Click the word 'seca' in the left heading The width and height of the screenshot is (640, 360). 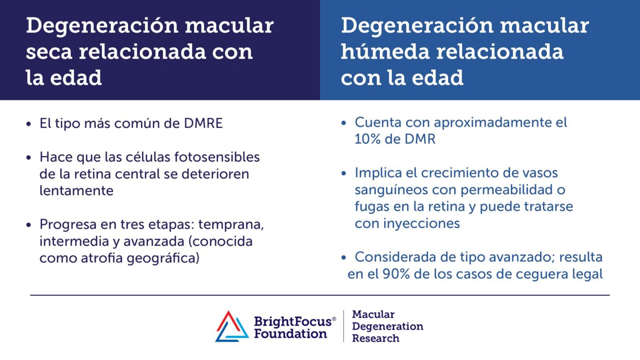coord(49,52)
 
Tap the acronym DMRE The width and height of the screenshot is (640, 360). coord(203,123)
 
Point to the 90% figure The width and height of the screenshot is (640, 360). coord(396,274)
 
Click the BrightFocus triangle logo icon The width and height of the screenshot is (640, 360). coord(232,327)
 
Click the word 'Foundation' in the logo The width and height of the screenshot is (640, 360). coord(290,334)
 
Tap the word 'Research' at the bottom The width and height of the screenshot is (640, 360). coord(376,338)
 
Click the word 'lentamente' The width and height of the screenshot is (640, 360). coord(76,190)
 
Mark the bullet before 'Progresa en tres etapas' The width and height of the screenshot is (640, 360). coord(28,225)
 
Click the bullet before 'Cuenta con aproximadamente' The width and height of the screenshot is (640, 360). coord(344,123)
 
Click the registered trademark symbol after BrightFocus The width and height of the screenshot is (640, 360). coord(334,319)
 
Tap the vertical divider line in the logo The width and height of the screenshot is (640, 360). coord(344,326)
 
